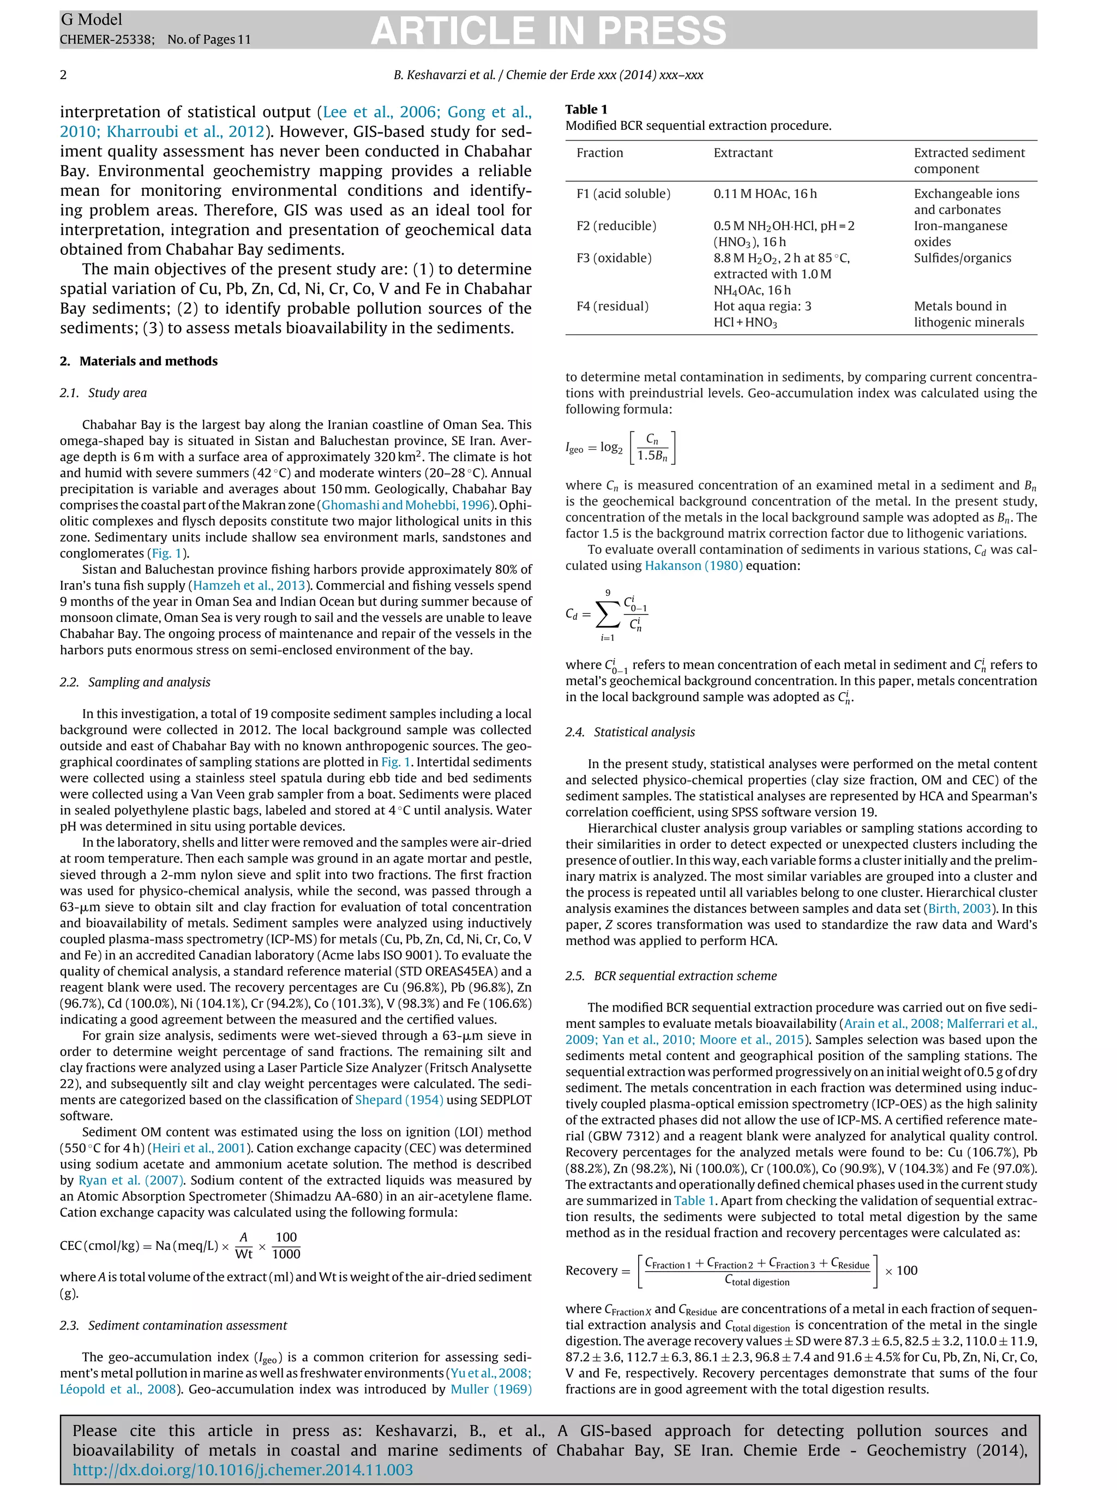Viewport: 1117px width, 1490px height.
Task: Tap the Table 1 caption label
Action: (x=586, y=109)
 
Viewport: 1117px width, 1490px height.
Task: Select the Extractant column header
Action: (x=743, y=153)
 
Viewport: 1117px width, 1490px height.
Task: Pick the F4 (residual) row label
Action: (x=612, y=307)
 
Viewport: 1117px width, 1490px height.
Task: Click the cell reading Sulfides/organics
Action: (x=962, y=258)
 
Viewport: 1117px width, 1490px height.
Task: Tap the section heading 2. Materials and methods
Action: (x=139, y=361)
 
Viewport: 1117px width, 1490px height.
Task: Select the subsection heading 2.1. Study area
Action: (x=103, y=393)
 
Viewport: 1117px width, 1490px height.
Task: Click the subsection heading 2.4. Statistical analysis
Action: (x=629, y=732)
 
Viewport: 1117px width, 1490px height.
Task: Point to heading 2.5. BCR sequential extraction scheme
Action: (x=671, y=976)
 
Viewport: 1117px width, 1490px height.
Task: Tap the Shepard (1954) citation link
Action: (x=399, y=1100)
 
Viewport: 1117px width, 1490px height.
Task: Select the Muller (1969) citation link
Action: (x=491, y=1389)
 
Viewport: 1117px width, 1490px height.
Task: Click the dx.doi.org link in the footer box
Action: (x=242, y=1470)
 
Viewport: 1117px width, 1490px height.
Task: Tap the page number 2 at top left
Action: (x=63, y=75)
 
